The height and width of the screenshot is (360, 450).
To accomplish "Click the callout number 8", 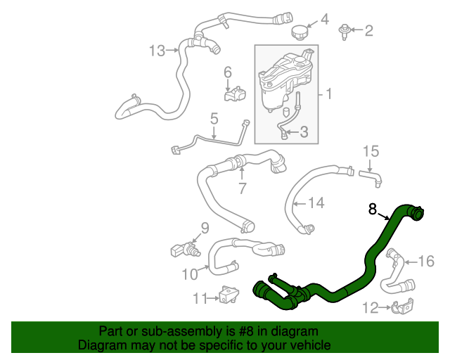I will (x=373, y=209).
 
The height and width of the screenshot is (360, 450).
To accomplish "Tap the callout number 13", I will (x=157, y=50).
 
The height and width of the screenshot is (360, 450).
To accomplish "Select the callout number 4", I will (x=324, y=19).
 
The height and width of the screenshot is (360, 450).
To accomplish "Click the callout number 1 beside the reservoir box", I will (x=328, y=93).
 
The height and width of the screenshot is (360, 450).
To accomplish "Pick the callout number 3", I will (x=304, y=131).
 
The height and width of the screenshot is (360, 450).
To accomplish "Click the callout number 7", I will (x=242, y=188).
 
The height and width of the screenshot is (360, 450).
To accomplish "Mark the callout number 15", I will (x=370, y=150).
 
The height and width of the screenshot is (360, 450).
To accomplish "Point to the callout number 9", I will (x=205, y=227).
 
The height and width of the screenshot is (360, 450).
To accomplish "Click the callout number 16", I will (x=427, y=262).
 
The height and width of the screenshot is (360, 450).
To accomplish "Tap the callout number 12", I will (x=370, y=307).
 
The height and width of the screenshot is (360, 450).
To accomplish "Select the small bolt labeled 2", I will (x=345, y=30).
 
